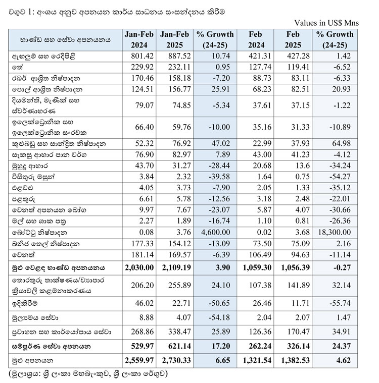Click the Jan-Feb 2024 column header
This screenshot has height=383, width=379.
138,39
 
